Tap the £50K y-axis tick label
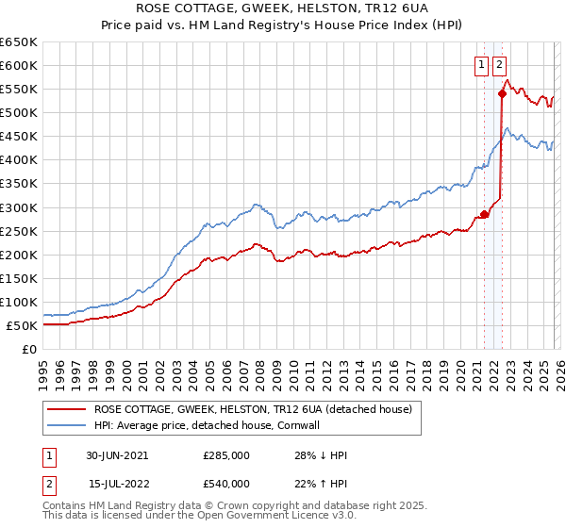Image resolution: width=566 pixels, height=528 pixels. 23,325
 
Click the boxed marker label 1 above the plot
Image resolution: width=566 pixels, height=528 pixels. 483,65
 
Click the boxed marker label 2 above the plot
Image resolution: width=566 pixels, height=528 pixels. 499,65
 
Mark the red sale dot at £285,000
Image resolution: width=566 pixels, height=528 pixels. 485,214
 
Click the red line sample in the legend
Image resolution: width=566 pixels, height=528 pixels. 66,410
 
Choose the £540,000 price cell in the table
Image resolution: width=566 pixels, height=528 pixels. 226,483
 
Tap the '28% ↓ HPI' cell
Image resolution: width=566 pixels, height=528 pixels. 321,455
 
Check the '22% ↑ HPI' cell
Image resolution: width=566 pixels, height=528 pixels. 321,483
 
